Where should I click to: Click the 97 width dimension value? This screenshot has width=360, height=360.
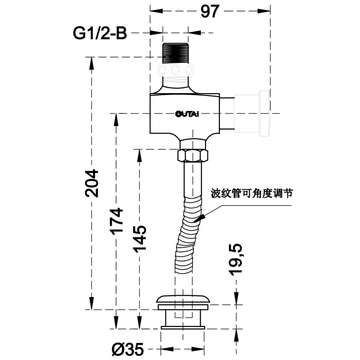[x=210, y=11]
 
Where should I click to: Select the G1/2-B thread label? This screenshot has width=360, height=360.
[x=100, y=33]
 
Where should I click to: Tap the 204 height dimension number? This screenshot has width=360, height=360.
[x=91, y=183]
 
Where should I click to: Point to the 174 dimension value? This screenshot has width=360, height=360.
[x=116, y=221]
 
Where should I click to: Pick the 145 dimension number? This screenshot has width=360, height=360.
[x=140, y=239]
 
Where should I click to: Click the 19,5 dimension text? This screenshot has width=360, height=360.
[x=236, y=259]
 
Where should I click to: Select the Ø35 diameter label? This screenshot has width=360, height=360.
[x=128, y=349]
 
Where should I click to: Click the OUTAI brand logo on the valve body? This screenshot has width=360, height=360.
[x=187, y=114]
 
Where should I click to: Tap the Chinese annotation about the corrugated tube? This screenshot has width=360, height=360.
[x=252, y=193]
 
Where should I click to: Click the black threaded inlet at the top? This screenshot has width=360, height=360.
[x=175, y=53]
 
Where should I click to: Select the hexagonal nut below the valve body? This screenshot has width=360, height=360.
[x=193, y=156]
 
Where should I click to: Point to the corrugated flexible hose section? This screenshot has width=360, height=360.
[x=188, y=234]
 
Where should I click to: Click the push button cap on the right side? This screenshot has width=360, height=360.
[x=264, y=113]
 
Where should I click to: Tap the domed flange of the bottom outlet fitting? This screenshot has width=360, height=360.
[x=183, y=299]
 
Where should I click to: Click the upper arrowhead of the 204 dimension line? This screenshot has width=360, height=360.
[x=91, y=63]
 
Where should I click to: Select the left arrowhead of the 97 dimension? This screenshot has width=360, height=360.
[x=156, y=11]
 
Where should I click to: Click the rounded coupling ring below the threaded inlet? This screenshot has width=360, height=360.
[x=175, y=70]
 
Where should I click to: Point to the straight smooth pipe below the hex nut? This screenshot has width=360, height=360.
[x=193, y=178]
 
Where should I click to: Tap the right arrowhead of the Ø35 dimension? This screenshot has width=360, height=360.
[x=198, y=349]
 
